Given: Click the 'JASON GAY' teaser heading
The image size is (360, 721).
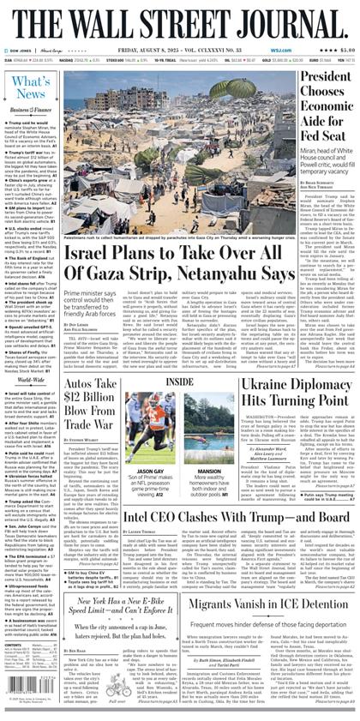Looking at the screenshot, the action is (151, 470).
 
